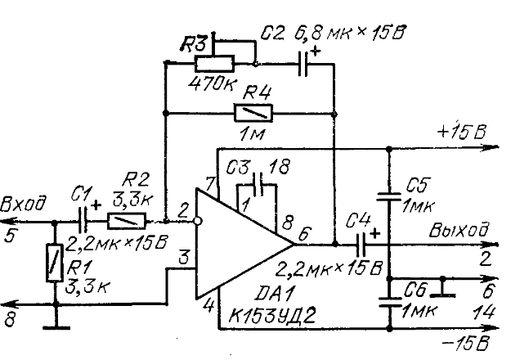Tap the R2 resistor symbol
(126, 219)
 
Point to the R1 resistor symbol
(56, 265)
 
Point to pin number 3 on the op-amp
(184, 259)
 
